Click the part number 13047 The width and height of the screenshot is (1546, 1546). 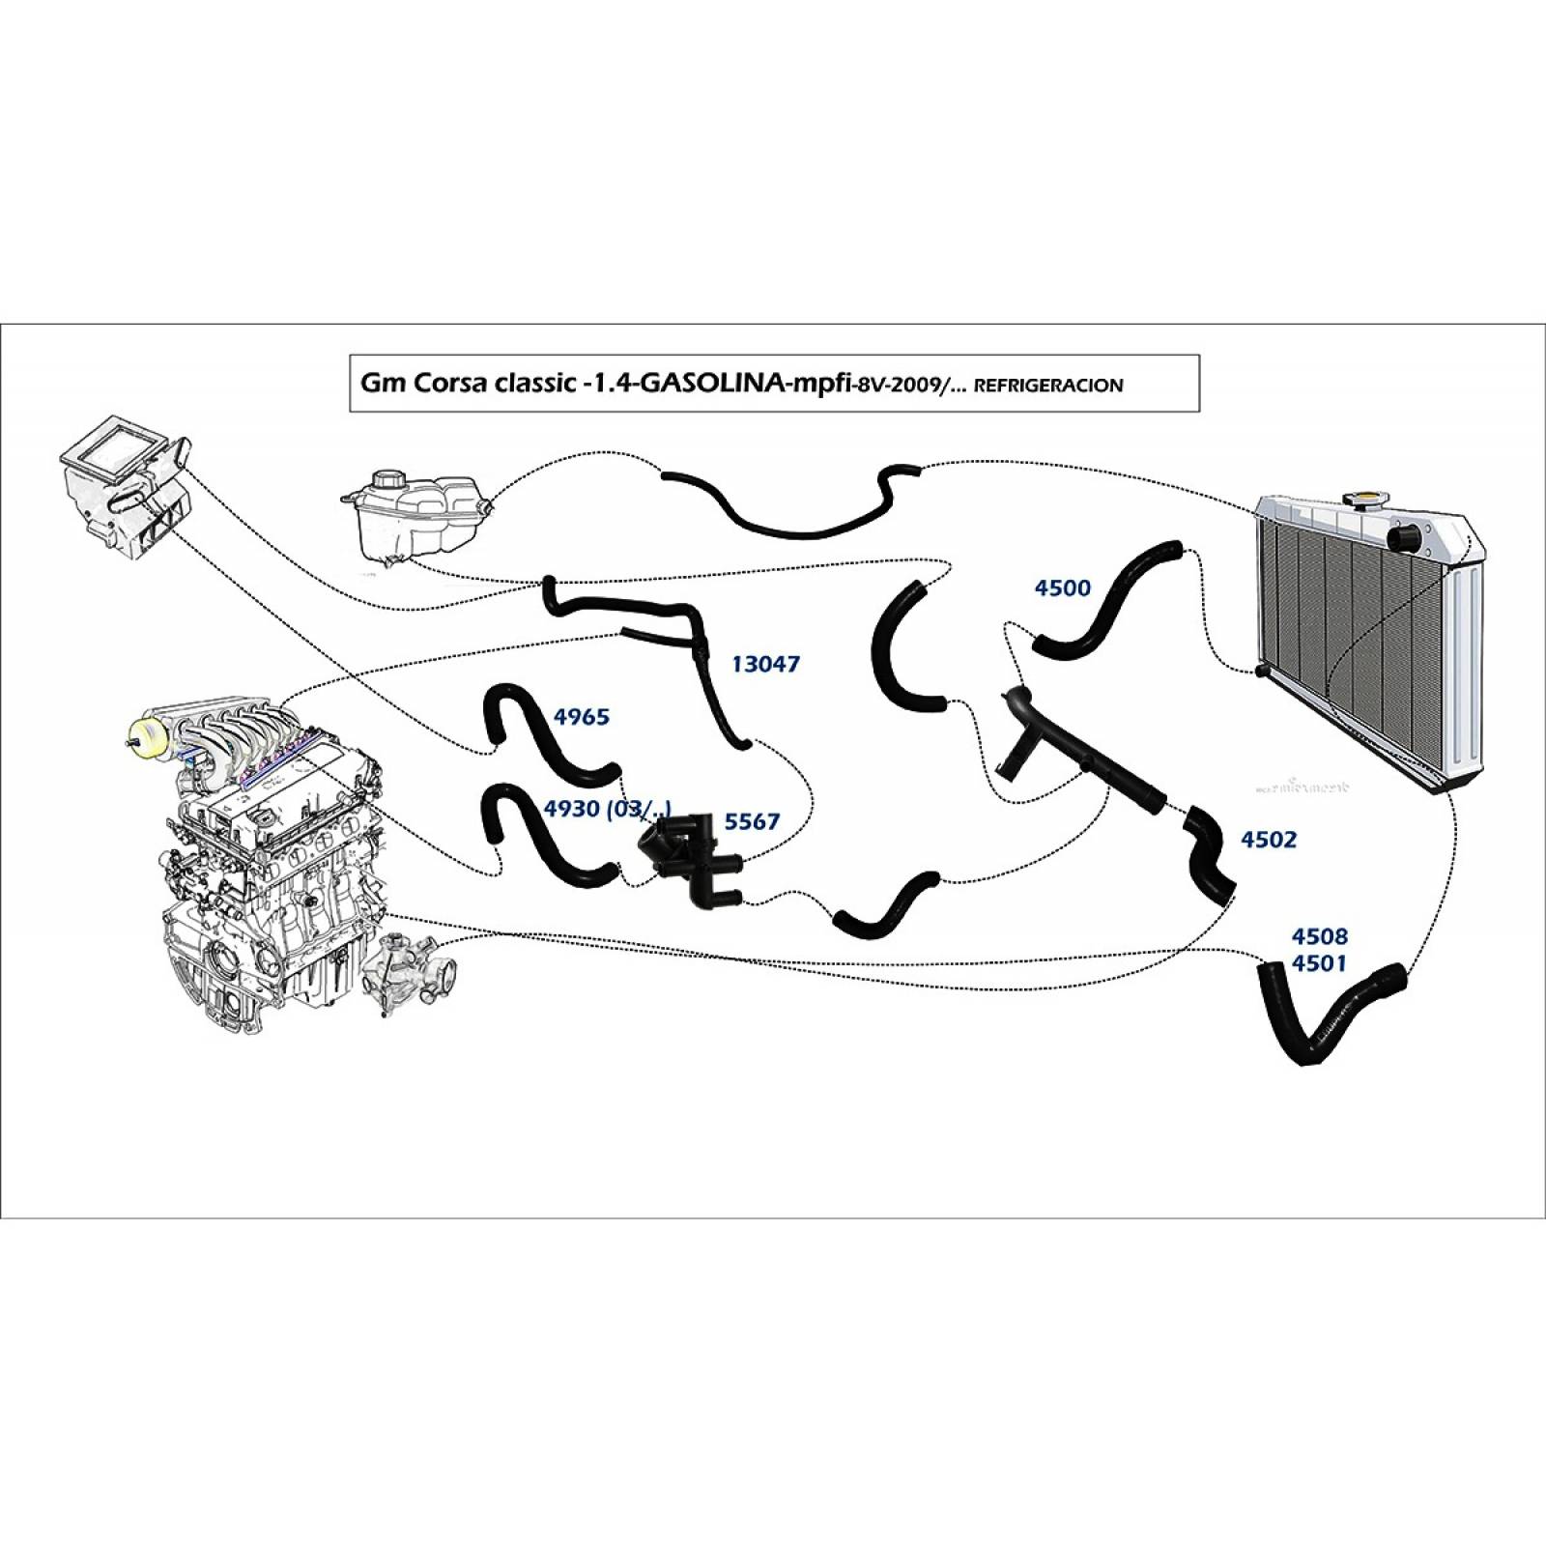click(765, 664)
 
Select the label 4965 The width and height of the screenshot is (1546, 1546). click(581, 717)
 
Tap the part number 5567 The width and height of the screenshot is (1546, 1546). click(751, 822)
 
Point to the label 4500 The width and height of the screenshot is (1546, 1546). click(1062, 588)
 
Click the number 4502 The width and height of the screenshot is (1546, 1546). click(1268, 840)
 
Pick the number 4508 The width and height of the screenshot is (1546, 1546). click(1319, 936)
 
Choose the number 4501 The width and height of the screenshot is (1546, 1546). click(1319, 963)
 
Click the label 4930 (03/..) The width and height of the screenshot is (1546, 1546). click(607, 810)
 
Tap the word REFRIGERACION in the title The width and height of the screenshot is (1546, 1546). click(1048, 386)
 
